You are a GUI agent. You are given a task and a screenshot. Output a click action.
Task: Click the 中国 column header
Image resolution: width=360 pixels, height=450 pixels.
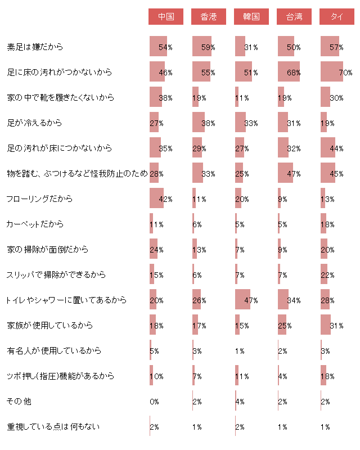pyautogui.click(x=166, y=17)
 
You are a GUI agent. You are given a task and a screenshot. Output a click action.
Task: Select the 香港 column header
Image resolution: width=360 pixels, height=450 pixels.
pyautogui.click(x=209, y=17)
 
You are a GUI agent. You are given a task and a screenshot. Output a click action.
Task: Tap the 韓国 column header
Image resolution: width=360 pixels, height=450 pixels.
pyautogui.click(x=251, y=17)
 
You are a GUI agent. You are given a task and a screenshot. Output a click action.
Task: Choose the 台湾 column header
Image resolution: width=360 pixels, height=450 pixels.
pyautogui.click(x=294, y=17)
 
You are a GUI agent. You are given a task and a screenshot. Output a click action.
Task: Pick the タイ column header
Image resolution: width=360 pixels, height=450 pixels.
pyautogui.click(x=337, y=17)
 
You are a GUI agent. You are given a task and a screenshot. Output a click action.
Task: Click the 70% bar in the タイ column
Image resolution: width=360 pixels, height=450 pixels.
pyautogui.click(x=332, y=72)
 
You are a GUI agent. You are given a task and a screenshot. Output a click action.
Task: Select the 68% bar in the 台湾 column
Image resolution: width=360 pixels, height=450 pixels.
pyautogui.click(x=289, y=72)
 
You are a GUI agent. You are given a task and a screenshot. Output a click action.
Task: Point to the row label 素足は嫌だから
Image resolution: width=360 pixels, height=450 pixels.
pyautogui.click(x=35, y=47)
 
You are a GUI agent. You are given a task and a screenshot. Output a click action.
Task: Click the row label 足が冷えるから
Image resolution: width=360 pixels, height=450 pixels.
pyautogui.click(x=34, y=123)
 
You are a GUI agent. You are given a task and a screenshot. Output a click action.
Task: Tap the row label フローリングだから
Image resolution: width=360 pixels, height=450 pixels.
pyautogui.click(x=39, y=199)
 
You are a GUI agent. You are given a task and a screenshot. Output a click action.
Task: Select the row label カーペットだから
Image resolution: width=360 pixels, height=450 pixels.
pyautogui.click(x=34, y=224)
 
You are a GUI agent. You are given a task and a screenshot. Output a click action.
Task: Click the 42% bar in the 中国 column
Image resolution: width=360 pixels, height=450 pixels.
pyautogui.click(x=156, y=199)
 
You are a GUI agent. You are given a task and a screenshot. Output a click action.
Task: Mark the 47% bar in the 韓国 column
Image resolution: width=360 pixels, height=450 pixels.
pyautogui.click(x=242, y=300)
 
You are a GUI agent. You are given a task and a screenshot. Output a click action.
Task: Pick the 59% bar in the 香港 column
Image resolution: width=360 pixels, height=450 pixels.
pyautogui.click(x=202, y=47)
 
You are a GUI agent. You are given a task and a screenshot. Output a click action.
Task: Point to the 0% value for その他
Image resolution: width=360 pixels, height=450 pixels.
pyautogui.click(x=154, y=401)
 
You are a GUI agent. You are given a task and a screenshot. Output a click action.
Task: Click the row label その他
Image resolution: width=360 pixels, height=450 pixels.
pyautogui.click(x=15, y=401)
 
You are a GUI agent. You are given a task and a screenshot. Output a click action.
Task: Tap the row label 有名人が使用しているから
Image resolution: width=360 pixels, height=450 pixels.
pyautogui.click(x=54, y=350)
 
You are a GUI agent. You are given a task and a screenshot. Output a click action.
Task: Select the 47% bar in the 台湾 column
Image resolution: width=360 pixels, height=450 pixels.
pyautogui.click(x=285, y=173)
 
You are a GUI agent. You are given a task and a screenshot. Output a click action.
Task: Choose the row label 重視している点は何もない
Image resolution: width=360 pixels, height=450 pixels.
pyautogui.click(x=53, y=426)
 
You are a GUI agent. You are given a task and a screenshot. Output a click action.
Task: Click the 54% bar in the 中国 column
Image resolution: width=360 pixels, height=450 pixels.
pyautogui.click(x=158, y=47)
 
